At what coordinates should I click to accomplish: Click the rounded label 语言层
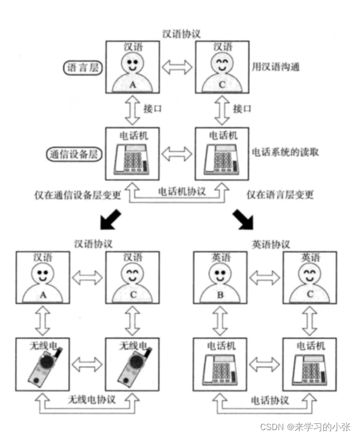coord(82,67)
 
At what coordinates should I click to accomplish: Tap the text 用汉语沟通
coord(276,66)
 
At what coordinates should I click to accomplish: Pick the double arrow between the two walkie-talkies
coord(87,362)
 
